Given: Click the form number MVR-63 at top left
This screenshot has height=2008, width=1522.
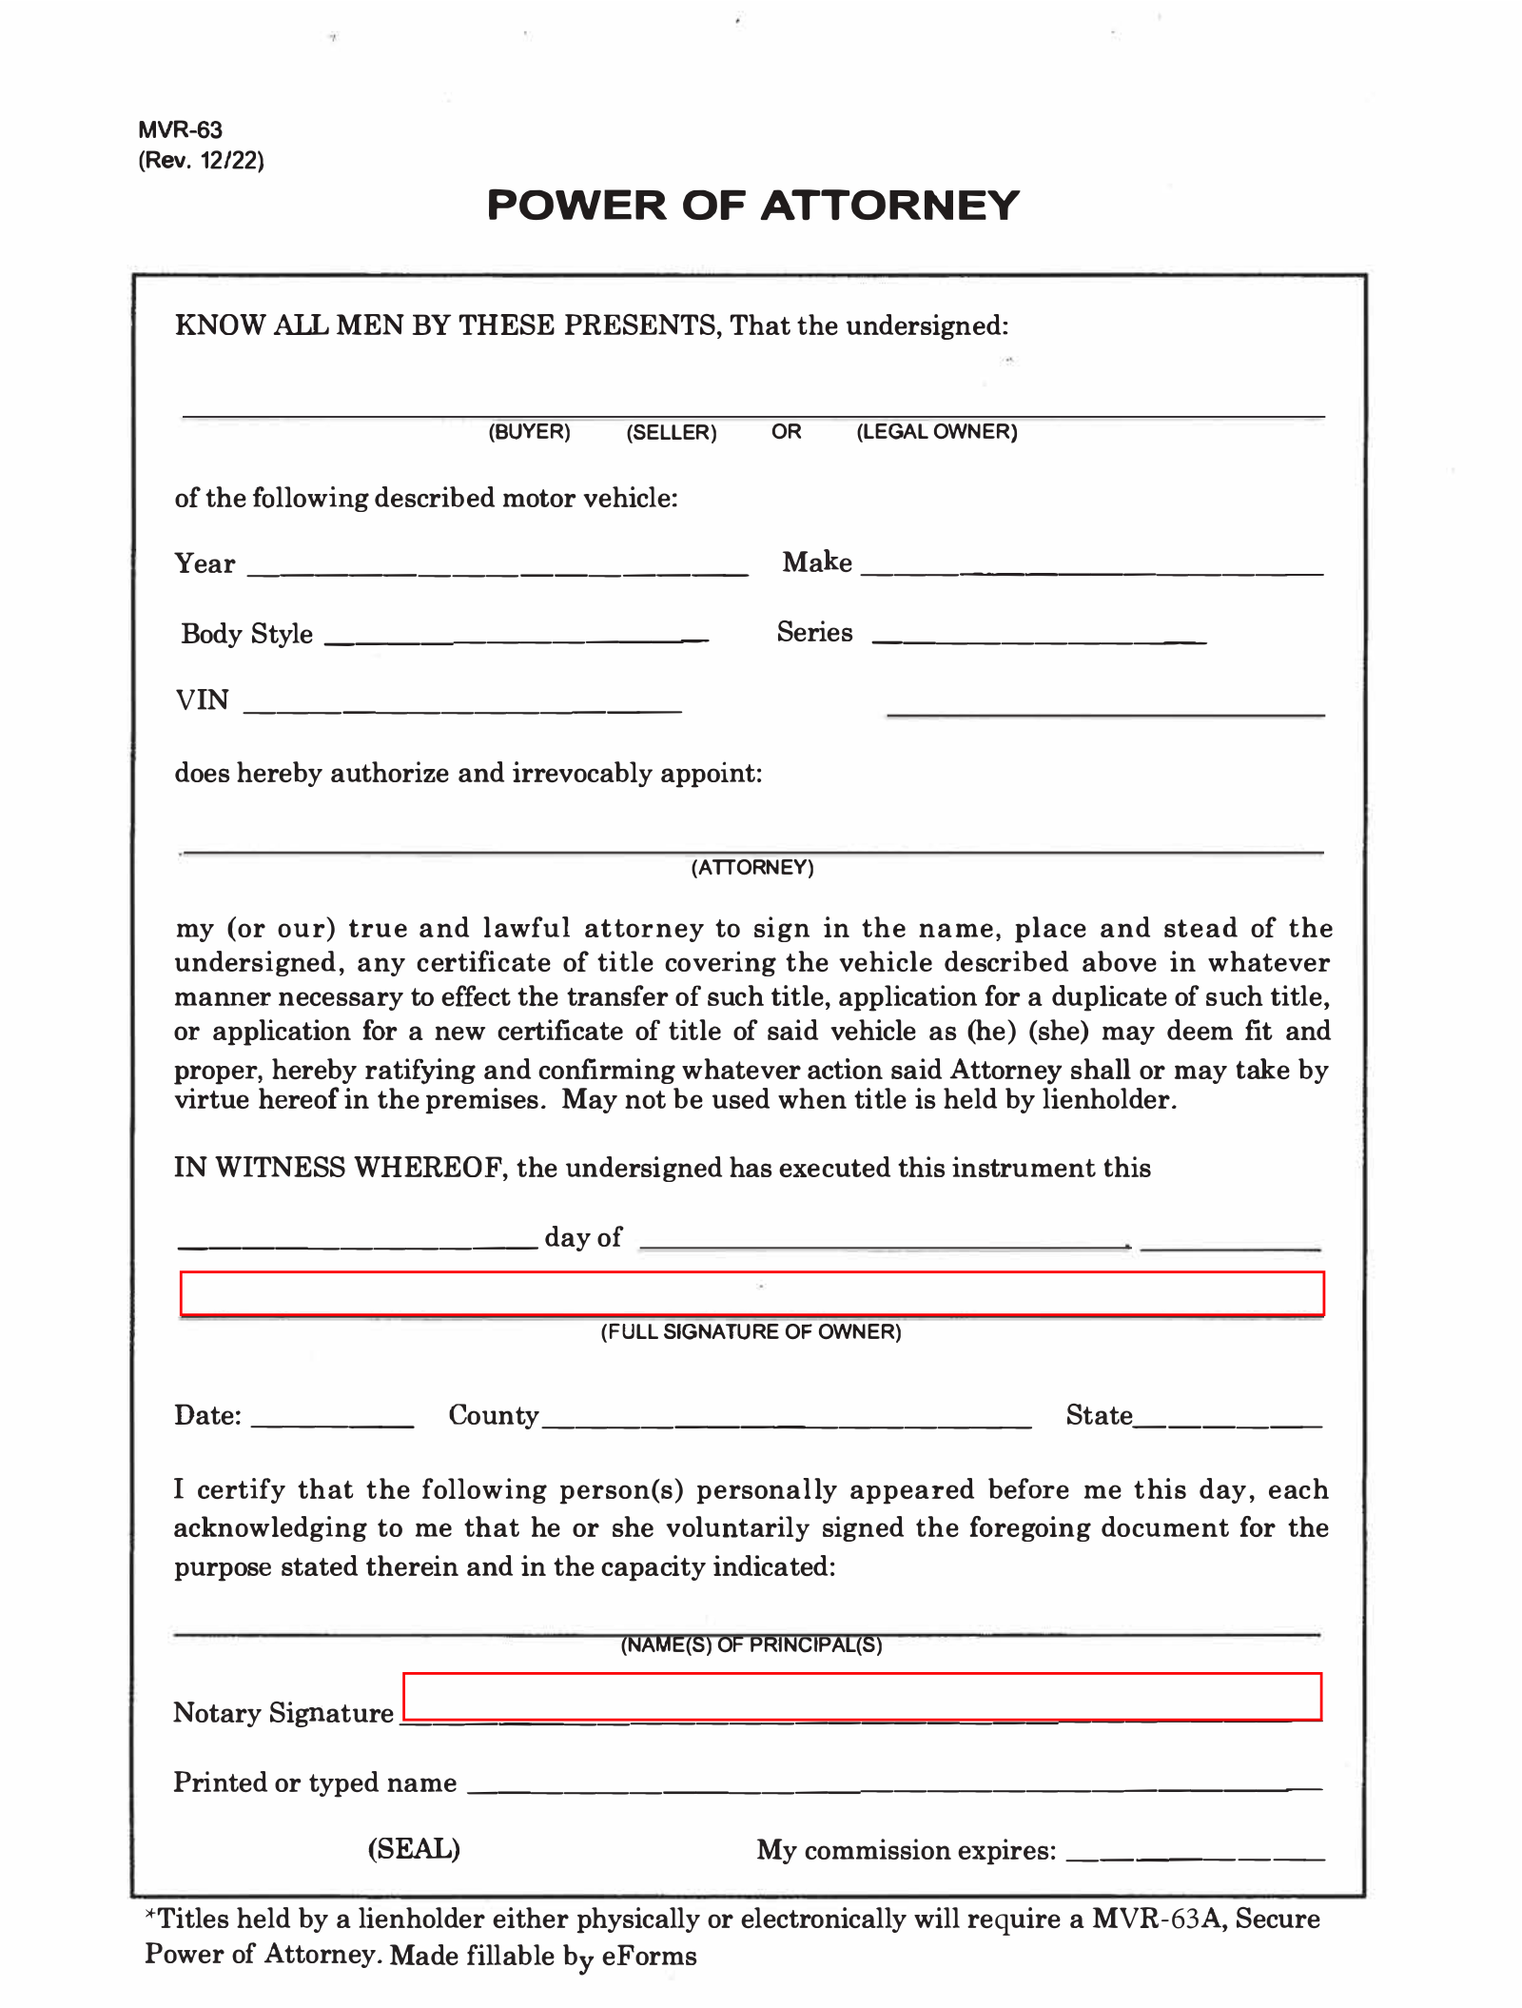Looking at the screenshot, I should pos(180,130).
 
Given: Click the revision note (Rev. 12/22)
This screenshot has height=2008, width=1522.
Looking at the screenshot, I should pos(201,160).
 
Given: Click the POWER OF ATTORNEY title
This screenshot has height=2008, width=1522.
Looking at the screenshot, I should pos(752,206).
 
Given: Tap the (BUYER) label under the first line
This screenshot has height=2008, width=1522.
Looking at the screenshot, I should pos(529,432).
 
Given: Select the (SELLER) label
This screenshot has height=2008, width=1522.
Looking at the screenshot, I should pos(672,433).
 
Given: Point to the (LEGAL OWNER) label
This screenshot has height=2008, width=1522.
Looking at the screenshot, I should pos(937,432).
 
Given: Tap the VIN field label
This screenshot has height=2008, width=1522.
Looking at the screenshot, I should pos(202,700).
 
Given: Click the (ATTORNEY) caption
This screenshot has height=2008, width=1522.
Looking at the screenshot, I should pos(752,868).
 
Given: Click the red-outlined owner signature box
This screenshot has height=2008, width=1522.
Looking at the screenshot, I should pos(751,1294).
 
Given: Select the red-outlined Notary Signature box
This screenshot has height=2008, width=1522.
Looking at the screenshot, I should pos(862,1697).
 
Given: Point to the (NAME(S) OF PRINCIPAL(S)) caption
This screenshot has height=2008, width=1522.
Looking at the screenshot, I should pos(751,1645).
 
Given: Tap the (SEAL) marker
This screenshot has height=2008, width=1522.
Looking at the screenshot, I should pos(414,1848).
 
